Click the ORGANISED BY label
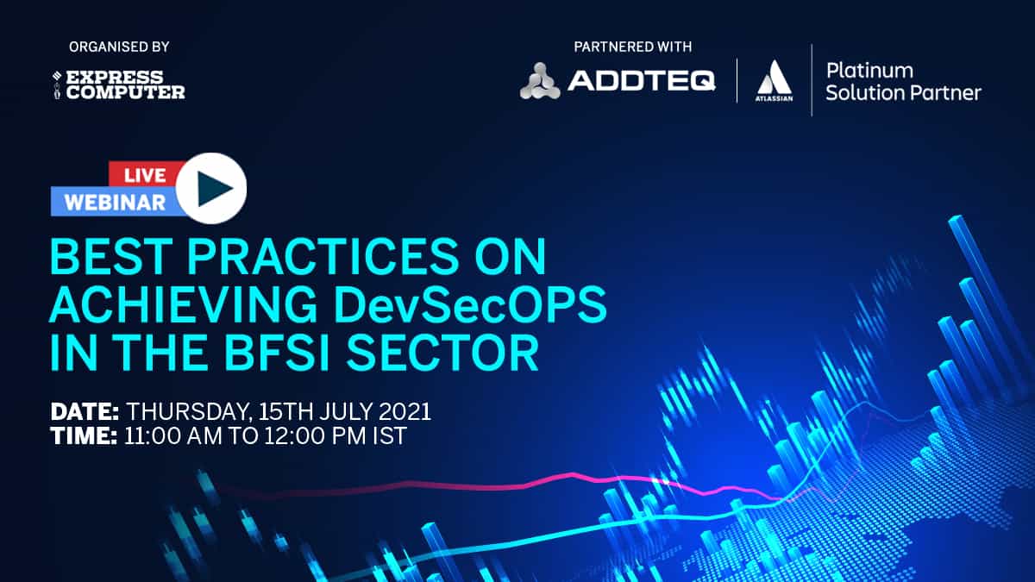pyautogui.click(x=119, y=47)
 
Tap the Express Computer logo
pyautogui.click(x=119, y=84)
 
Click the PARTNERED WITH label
pyautogui.click(x=632, y=47)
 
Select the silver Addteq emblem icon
pyautogui.click(x=540, y=81)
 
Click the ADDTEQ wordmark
pyautogui.click(x=642, y=81)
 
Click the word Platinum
pyautogui.click(x=869, y=71)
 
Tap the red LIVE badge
pyautogui.click(x=145, y=175)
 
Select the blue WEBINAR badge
pyautogui.click(x=115, y=202)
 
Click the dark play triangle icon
pyautogui.click(x=214, y=189)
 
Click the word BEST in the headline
pyautogui.click(x=111, y=257)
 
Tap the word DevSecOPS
pyautogui.click(x=470, y=305)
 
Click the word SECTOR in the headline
pyautogui.click(x=442, y=354)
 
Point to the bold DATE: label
pyautogui.click(x=85, y=411)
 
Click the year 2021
pyautogui.click(x=405, y=411)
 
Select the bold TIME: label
pyautogui.click(x=85, y=436)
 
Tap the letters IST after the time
pyautogui.click(x=390, y=436)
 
